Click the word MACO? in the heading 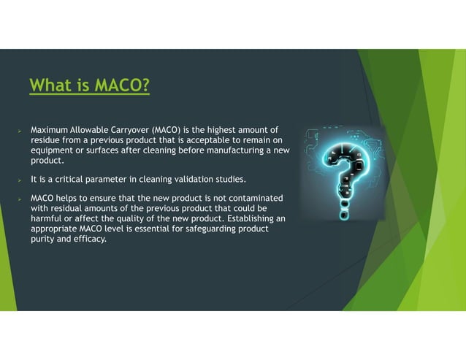(x=121, y=86)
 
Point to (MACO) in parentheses (x=170, y=129)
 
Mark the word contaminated (x=252, y=199)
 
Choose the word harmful (x=46, y=218)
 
